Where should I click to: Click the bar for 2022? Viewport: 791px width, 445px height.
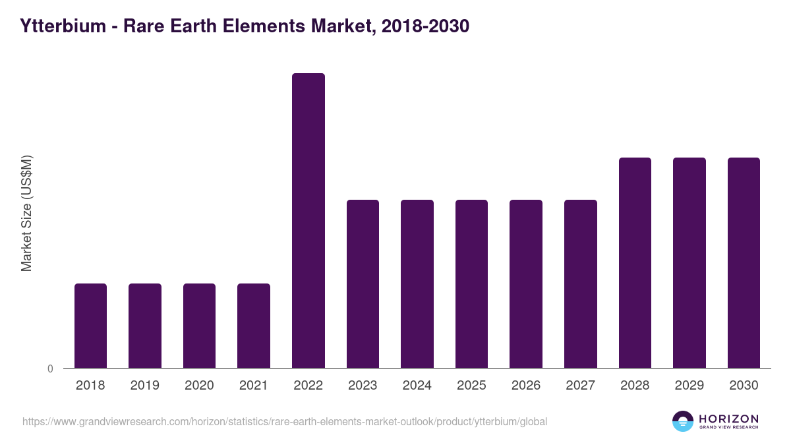(x=308, y=221)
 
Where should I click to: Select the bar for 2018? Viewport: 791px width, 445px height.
(x=90, y=326)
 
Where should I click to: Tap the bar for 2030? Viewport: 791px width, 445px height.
(x=744, y=262)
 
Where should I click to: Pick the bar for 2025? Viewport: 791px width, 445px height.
(x=471, y=283)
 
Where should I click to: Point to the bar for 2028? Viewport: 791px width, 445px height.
(x=635, y=262)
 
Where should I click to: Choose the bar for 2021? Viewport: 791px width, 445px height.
(x=254, y=326)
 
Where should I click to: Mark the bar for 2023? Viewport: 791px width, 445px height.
(x=363, y=283)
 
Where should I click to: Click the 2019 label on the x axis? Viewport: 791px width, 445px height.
(x=145, y=386)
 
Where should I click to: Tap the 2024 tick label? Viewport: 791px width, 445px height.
(x=417, y=386)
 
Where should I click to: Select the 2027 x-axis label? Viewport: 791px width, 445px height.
(x=580, y=386)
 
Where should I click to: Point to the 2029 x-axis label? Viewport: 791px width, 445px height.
(x=689, y=386)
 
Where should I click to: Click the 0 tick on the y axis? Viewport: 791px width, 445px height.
(x=51, y=369)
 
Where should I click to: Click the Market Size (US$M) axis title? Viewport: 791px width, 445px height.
(x=26, y=213)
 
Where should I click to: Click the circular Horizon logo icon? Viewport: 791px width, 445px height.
(x=683, y=421)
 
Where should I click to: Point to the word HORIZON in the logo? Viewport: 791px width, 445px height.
(x=728, y=418)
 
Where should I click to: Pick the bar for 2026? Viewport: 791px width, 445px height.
(x=526, y=283)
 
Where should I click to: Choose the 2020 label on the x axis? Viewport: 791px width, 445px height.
(x=199, y=386)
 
